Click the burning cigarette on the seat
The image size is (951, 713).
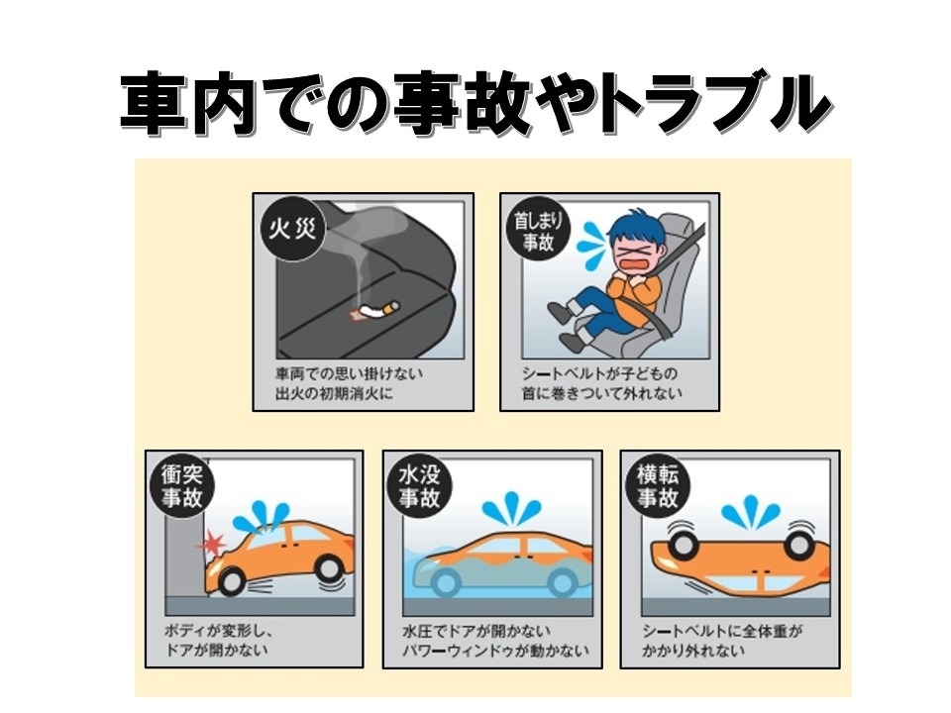375,309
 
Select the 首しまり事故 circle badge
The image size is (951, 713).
537,231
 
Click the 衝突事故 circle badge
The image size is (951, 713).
182,486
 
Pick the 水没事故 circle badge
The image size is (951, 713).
420,486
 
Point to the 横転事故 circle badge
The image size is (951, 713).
658,486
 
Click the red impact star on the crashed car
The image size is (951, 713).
212,543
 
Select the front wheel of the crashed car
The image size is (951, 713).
232,580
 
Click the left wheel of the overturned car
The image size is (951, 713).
683,544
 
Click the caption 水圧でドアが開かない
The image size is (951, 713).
476,631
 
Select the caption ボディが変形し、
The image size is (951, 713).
218,631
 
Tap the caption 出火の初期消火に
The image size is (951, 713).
334,393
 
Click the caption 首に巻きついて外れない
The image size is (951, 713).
602,393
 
